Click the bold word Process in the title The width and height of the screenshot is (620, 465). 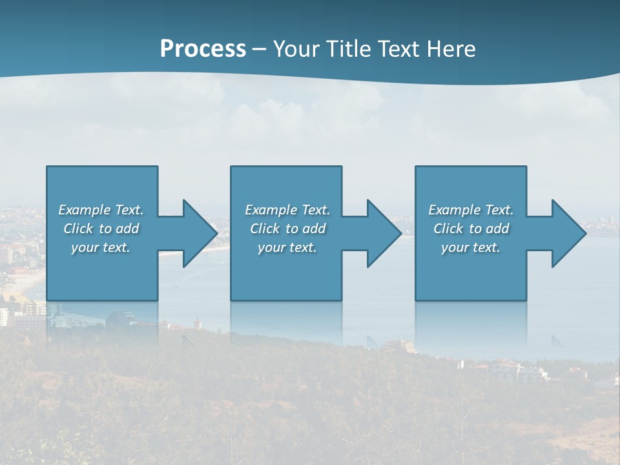pos(203,49)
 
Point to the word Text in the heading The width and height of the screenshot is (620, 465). pos(400,49)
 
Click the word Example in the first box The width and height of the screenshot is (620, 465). pos(84,210)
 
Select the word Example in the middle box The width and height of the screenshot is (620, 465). pos(271,210)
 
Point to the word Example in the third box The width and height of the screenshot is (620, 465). pos(454,210)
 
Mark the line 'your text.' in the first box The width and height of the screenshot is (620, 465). pos(101,247)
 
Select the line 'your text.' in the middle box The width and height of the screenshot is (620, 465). pos(287,247)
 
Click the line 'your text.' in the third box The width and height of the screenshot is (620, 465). pos(471,247)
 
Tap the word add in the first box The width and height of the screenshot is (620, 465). pos(128,229)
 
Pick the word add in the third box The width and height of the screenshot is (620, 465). pos(498,229)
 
